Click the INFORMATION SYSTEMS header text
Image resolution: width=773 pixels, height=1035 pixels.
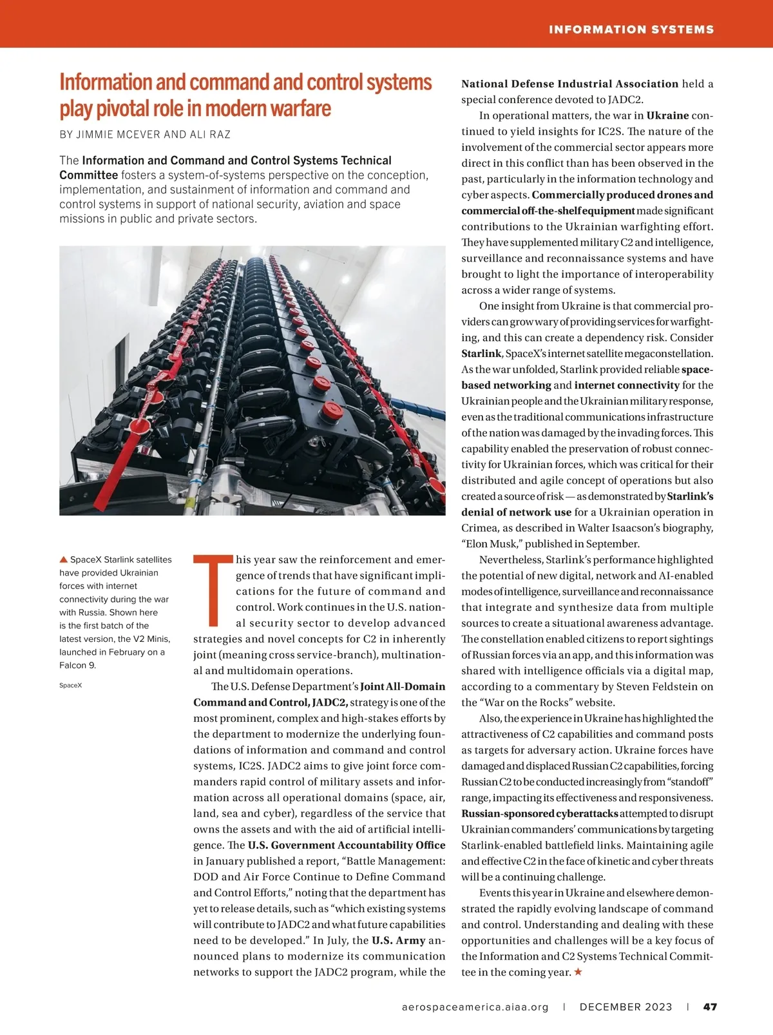631,30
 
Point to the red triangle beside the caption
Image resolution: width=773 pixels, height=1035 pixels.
63,559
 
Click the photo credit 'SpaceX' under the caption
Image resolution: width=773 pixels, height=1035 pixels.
71,685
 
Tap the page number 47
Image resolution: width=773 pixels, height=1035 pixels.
710,1007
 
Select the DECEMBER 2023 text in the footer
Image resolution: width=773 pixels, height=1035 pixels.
625,1007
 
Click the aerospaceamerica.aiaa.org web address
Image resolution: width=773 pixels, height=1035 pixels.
475,1007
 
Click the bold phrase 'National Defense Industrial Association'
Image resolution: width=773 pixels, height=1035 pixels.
569,84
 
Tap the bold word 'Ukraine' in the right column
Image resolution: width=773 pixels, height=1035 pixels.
667,116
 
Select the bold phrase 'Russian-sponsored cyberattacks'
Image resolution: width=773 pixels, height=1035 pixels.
540,813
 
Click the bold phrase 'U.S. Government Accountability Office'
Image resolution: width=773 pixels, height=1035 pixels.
347,845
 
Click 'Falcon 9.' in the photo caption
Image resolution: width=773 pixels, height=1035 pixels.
77,665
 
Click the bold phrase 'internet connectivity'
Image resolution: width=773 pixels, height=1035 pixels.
627,385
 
